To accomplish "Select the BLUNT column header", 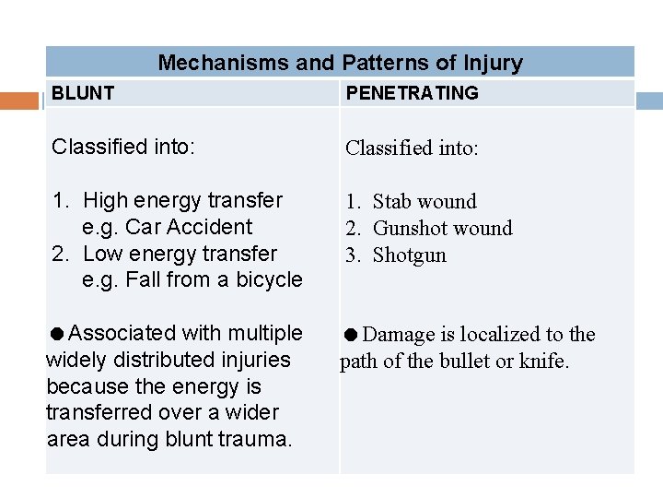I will (83, 93).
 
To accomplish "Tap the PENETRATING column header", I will (412, 93).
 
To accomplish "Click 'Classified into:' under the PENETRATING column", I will (412, 148).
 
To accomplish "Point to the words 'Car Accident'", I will (189, 227).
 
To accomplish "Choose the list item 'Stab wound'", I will (425, 202).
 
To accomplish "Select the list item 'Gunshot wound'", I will (442, 229).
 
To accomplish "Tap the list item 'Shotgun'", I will (409, 255).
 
